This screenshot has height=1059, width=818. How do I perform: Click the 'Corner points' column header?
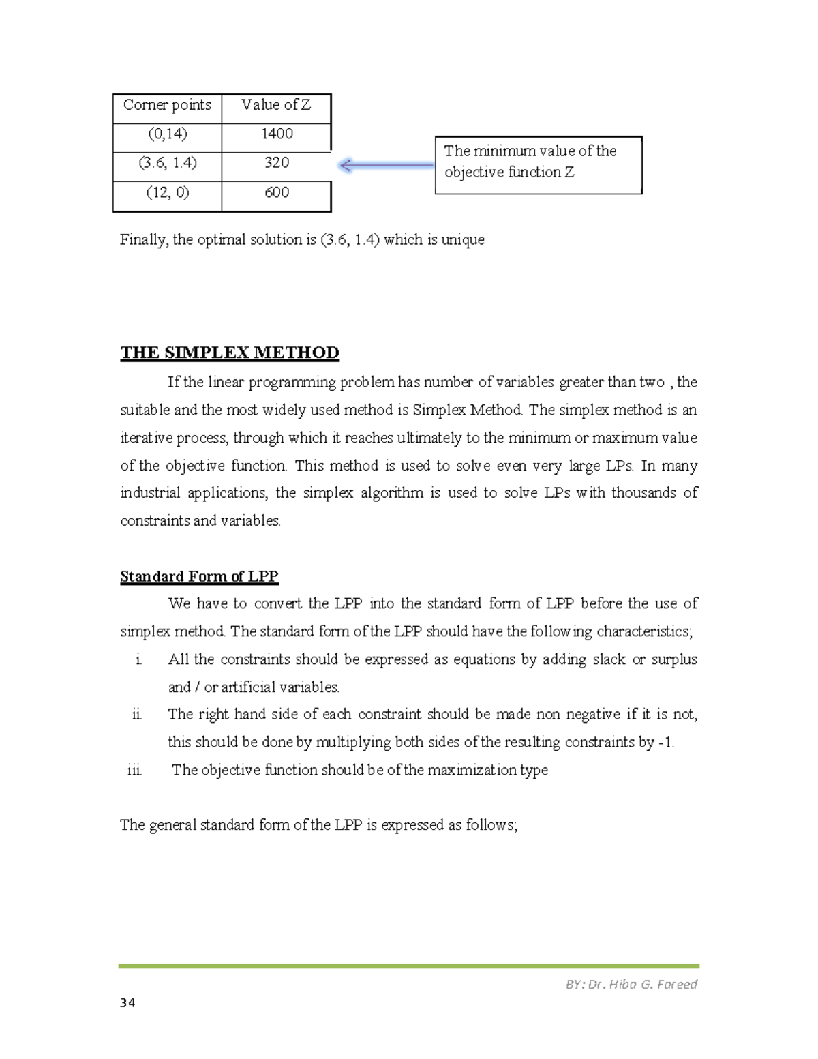(x=167, y=105)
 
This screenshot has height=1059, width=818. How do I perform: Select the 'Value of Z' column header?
(x=276, y=105)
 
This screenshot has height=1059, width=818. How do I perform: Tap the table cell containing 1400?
(x=277, y=134)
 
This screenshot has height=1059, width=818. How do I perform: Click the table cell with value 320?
(x=277, y=163)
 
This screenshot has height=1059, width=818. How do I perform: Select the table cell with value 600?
(x=277, y=193)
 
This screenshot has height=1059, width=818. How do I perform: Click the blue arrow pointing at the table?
(x=386, y=165)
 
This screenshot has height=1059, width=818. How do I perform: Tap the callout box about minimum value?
(x=538, y=164)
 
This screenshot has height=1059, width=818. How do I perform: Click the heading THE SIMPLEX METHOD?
(x=230, y=353)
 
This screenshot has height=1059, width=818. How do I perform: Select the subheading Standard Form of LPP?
(x=199, y=576)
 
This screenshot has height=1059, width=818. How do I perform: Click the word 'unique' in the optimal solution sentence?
(x=463, y=240)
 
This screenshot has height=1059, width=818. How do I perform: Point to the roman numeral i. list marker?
(x=138, y=660)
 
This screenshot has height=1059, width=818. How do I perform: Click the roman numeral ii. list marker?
(x=136, y=715)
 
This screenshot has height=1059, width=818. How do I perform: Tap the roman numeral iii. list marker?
(x=134, y=771)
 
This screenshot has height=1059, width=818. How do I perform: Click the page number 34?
(x=127, y=1002)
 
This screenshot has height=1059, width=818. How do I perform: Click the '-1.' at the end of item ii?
(x=666, y=743)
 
